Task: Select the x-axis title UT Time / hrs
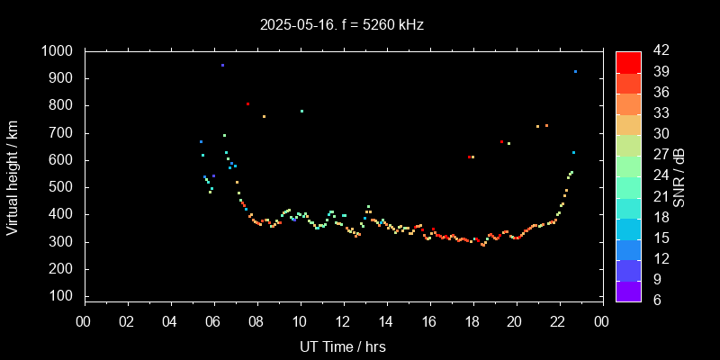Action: (x=343, y=346)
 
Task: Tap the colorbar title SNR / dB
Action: (x=679, y=175)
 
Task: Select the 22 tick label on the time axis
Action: (x=559, y=321)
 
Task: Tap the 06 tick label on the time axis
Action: (x=213, y=321)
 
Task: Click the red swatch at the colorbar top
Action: (x=628, y=61)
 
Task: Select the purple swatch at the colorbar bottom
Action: (x=628, y=290)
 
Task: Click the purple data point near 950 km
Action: (x=222, y=65)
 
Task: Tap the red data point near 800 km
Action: (x=247, y=103)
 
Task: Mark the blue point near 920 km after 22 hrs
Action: (x=575, y=71)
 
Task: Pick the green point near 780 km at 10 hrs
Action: (x=301, y=111)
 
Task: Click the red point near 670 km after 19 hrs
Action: (x=501, y=141)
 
